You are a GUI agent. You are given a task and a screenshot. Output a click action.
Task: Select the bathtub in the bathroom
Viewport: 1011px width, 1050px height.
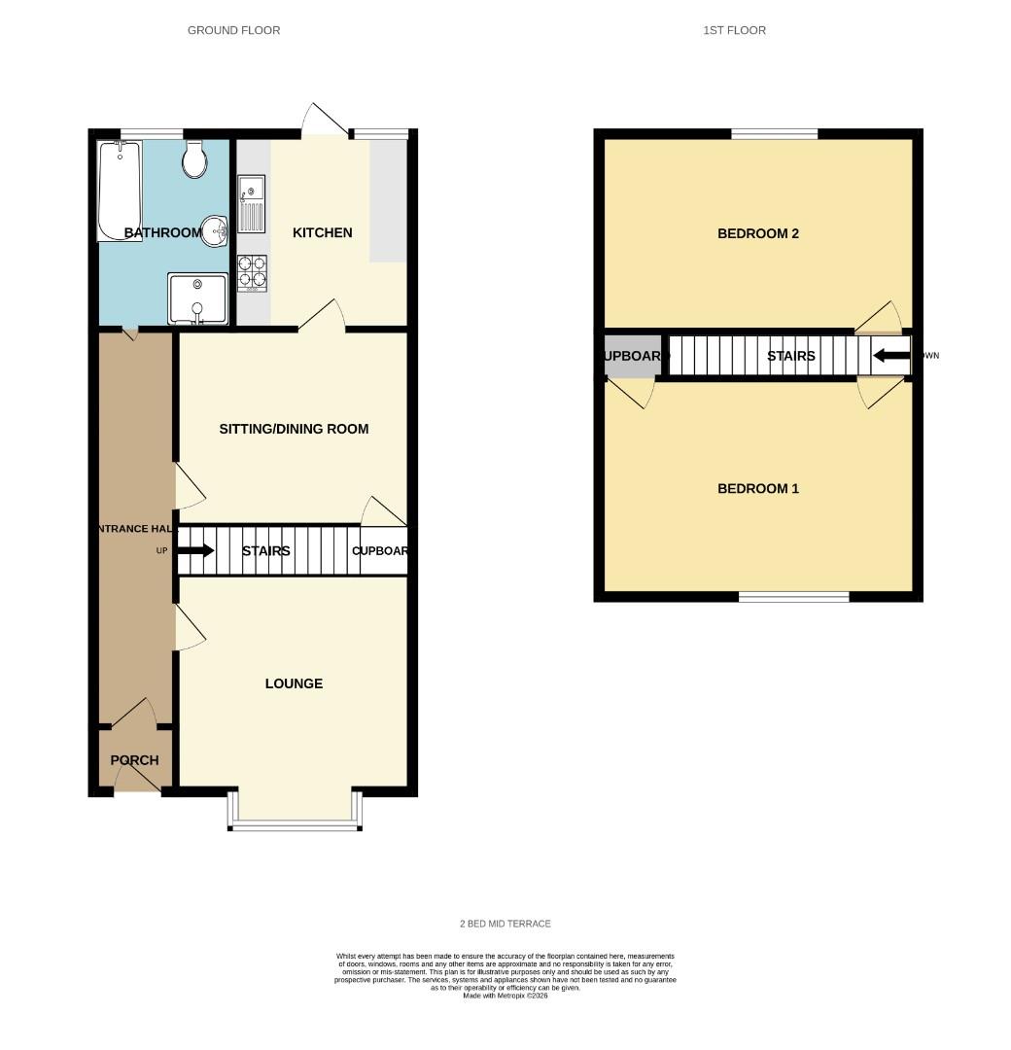tap(119, 191)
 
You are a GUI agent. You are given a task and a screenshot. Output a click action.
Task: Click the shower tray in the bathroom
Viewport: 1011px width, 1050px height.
tap(198, 298)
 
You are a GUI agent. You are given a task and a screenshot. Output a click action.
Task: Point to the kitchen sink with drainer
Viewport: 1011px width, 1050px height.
tap(251, 203)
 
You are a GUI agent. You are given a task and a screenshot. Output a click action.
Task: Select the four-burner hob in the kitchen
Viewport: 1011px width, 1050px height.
tap(253, 273)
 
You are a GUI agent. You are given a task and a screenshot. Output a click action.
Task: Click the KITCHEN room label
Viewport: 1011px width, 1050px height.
tap(322, 232)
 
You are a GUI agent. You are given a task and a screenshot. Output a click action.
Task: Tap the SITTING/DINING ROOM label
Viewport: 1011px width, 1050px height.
tap(294, 429)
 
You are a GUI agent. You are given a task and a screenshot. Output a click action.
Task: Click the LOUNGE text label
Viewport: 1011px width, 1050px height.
tap(294, 683)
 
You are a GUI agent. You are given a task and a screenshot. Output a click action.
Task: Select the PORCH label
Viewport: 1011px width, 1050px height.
tap(134, 760)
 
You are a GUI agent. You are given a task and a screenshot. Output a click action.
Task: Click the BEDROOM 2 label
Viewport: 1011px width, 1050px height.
tap(757, 233)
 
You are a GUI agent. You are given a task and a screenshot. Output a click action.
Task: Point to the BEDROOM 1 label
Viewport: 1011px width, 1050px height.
tap(757, 488)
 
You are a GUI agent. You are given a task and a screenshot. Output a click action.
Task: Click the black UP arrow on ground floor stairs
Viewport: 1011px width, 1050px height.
tap(195, 550)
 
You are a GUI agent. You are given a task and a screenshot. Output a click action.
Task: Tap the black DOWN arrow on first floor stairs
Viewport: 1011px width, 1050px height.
tap(890, 356)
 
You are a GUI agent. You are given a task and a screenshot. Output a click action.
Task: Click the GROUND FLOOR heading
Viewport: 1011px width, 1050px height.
tap(233, 30)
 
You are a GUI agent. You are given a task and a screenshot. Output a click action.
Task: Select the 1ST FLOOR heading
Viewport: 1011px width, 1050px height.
tap(734, 30)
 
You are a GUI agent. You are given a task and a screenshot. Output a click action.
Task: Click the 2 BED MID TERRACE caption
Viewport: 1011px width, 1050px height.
tap(505, 924)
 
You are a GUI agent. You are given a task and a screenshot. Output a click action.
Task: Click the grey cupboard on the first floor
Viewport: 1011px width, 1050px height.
tap(632, 356)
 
